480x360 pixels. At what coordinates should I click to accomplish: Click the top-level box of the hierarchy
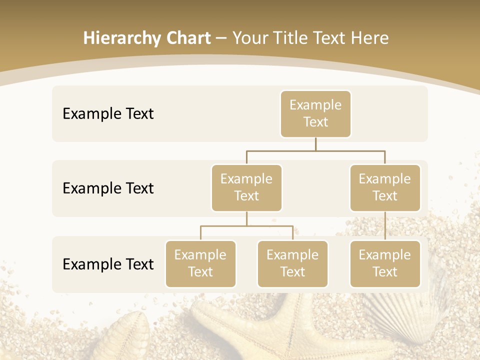315,114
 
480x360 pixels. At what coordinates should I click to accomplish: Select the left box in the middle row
246,188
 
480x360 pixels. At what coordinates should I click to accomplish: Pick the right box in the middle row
385,188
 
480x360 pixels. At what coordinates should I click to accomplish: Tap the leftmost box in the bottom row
200,264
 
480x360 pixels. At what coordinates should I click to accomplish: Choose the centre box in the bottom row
292,264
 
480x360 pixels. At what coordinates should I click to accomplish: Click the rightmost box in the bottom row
385,264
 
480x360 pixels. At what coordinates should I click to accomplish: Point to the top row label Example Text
108,114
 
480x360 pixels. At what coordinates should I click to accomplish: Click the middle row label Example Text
108,188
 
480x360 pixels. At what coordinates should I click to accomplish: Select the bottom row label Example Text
108,264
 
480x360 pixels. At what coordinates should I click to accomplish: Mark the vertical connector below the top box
315,144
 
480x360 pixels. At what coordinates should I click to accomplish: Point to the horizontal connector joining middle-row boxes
315,150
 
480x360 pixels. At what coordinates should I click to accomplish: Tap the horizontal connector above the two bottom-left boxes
246,226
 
